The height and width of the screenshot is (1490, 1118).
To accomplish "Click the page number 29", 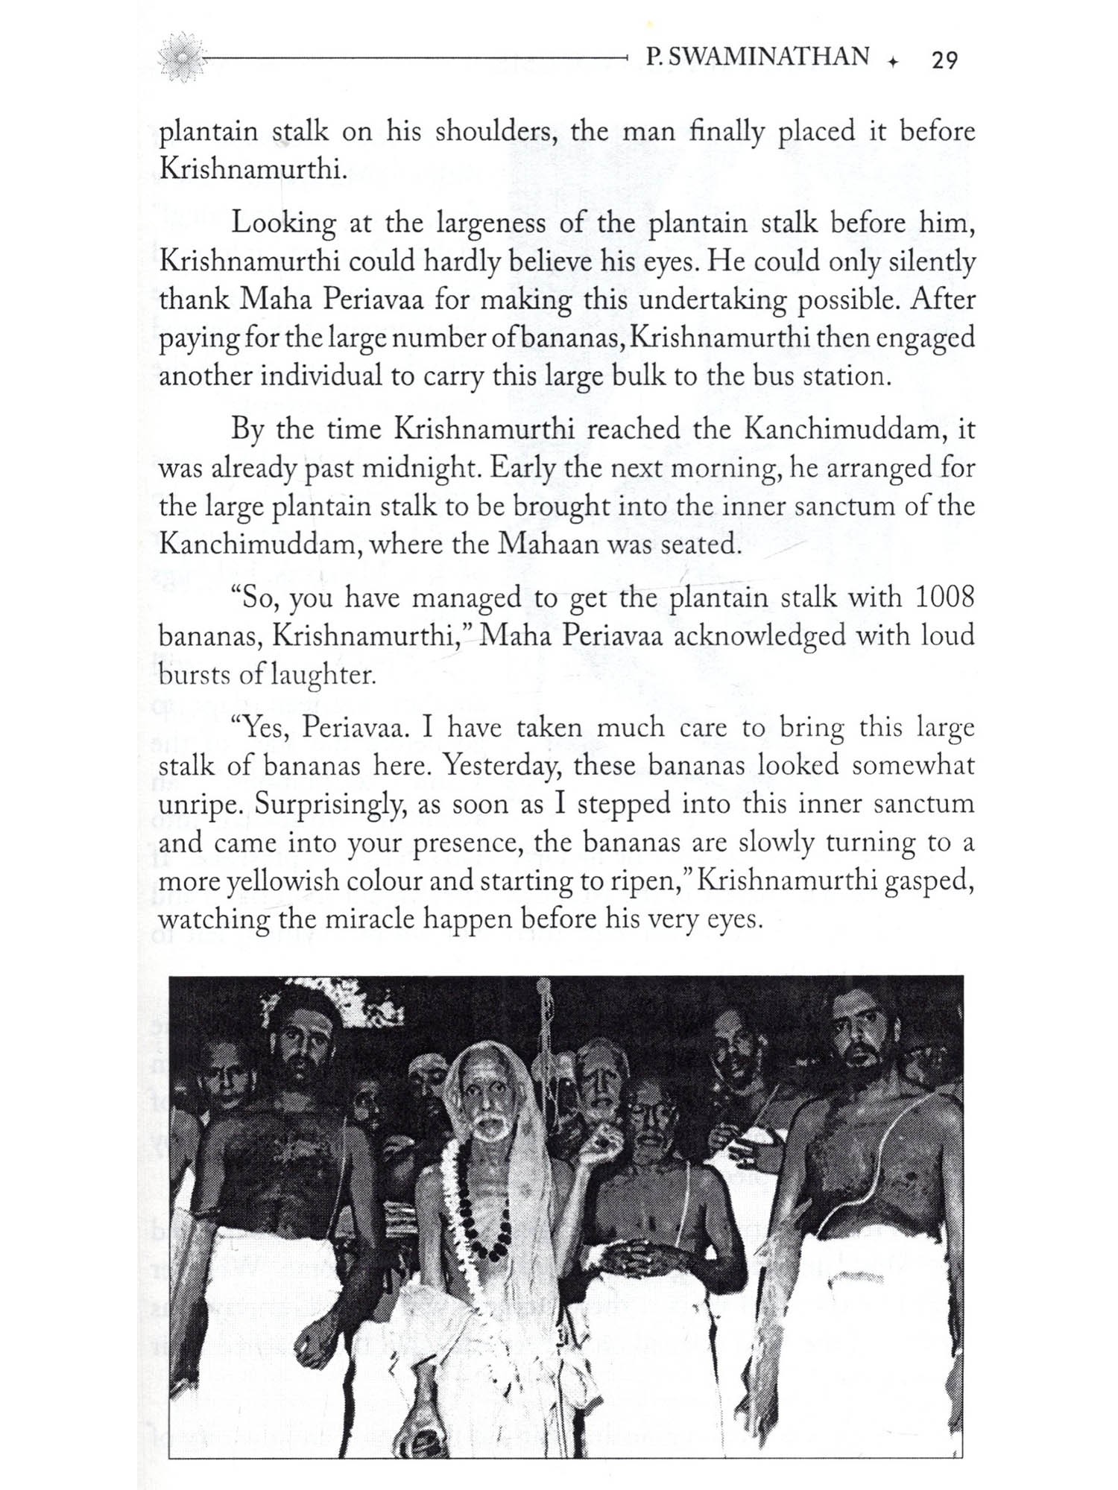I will coord(944,60).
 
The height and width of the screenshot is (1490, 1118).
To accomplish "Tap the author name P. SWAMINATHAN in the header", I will coord(758,57).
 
